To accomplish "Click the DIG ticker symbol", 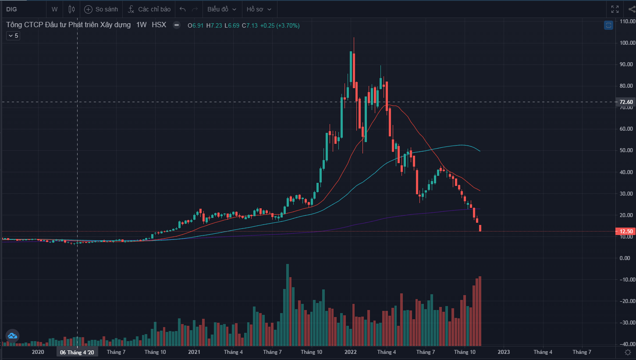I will [11, 9].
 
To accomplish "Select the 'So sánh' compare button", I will [101, 9].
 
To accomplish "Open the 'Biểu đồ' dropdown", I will [221, 9].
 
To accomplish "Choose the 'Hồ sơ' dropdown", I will [259, 9].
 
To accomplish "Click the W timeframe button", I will [54, 9].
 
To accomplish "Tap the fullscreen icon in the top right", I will [615, 9].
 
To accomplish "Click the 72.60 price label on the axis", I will [626, 102].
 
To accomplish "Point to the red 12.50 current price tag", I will [626, 231].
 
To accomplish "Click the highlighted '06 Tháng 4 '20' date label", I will [77, 352].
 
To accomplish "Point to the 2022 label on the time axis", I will [350, 352].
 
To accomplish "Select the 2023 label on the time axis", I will [504, 352].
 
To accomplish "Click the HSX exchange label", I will [159, 25].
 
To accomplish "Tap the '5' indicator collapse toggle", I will [13, 36].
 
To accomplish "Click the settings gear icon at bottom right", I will [628, 352].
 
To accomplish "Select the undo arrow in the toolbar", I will [183, 9].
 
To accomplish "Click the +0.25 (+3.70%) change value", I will [280, 25].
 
